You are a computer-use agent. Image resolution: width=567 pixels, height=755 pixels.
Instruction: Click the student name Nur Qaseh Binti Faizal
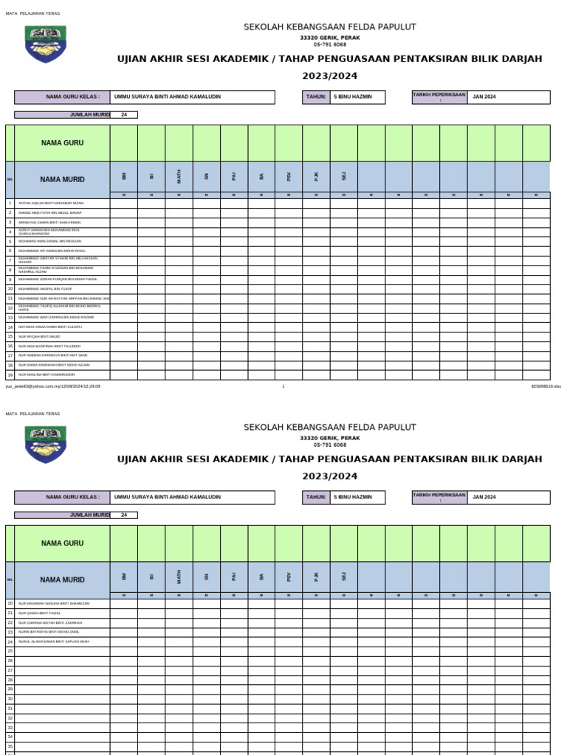click(x=40, y=613)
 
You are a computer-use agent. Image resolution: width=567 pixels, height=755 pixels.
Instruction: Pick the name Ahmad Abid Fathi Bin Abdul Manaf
click(x=50, y=212)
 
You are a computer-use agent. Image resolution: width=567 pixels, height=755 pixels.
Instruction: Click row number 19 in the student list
click(x=10, y=375)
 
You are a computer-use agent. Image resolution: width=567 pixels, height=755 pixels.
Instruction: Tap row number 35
click(x=10, y=745)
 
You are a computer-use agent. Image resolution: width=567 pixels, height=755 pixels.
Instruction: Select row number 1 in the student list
click(x=10, y=203)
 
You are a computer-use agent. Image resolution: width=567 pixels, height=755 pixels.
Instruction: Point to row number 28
click(x=10, y=679)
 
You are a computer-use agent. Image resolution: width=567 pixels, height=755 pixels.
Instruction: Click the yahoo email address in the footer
click(x=52, y=386)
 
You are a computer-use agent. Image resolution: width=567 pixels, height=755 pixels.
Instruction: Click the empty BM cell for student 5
click(x=124, y=241)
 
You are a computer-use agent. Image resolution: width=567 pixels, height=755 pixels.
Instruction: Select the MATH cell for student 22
click(x=179, y=622)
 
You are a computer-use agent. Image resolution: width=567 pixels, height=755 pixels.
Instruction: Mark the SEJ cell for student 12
click(x=344, y=307)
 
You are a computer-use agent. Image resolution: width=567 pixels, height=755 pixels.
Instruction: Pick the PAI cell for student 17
click(x=234, y=355)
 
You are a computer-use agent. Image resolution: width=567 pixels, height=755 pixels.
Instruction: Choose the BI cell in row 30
click(x=151, y=698)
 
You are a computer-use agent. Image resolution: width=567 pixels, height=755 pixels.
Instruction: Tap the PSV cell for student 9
click(x=289, y=279)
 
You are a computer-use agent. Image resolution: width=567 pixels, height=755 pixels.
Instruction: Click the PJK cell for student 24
click(x=316, y=641)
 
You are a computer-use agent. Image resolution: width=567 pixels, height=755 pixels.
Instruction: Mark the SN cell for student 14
click(x=207, y=327)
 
